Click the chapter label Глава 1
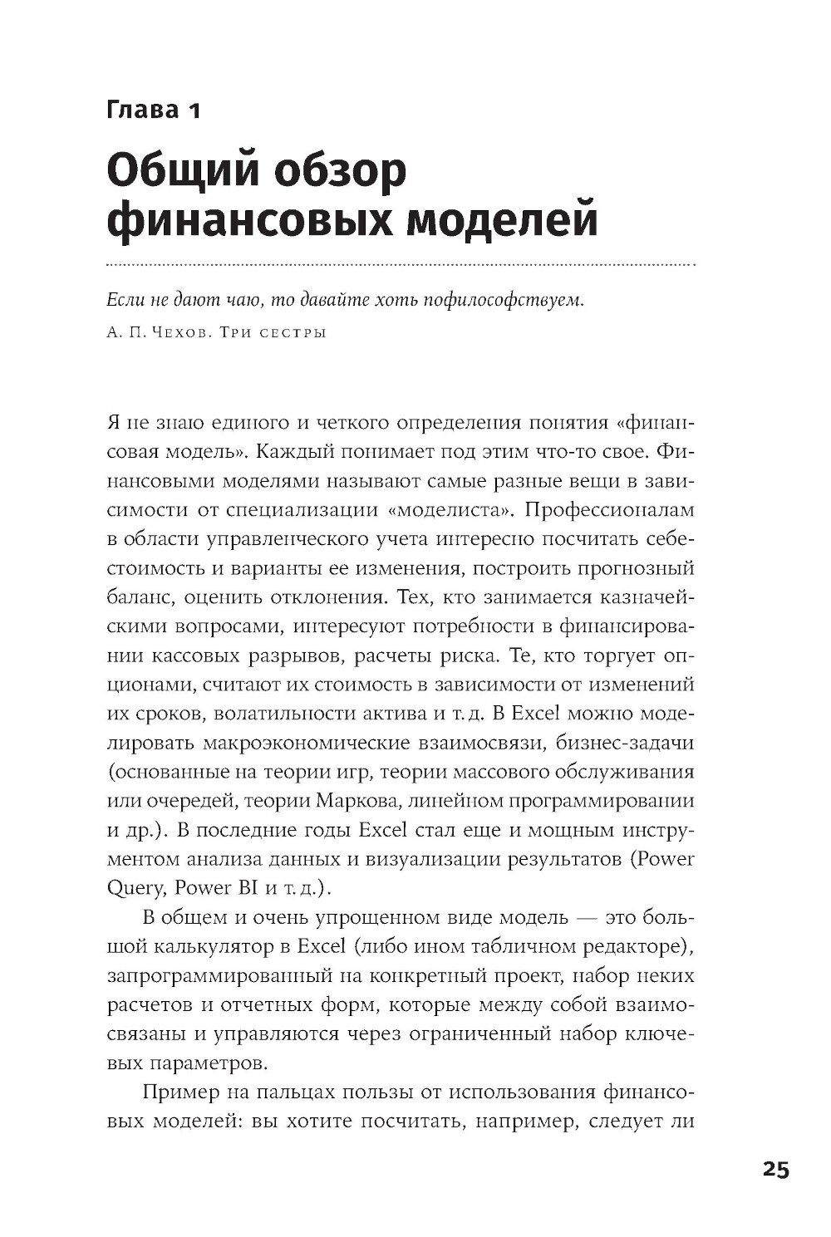click(154, 110)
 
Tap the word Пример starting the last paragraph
click(177, 1091)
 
